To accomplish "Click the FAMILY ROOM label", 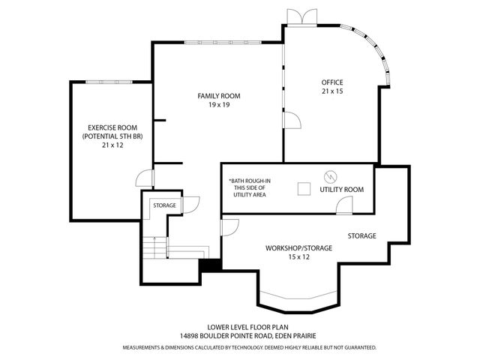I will [219, 96].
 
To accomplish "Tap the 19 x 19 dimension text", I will [219, 105].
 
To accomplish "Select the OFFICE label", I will [332, 82].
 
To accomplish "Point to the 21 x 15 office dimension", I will [332, 91].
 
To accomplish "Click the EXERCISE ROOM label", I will [105, 127].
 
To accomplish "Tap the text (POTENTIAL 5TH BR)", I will [105, 136].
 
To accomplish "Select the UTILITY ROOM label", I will [341, 190].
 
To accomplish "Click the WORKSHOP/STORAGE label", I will [298, 248].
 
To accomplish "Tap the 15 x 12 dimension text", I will [298, 257].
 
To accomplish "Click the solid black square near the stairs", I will [209, 265].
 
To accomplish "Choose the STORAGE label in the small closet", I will [164, 205].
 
